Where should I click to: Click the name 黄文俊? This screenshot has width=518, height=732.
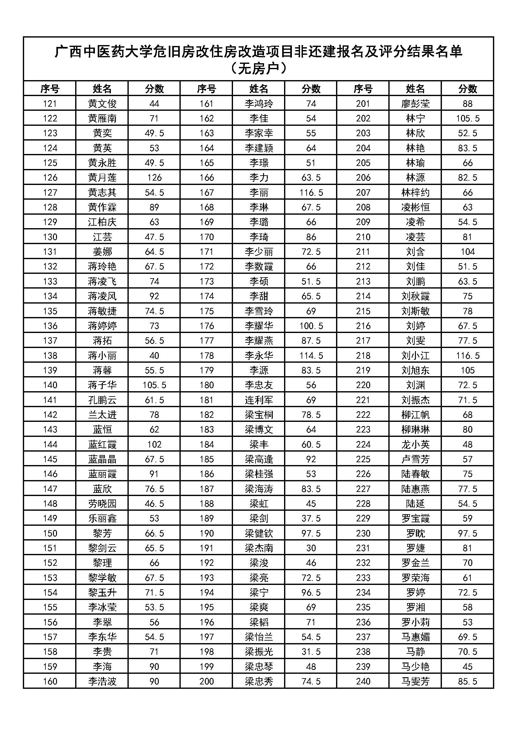click(102, 104)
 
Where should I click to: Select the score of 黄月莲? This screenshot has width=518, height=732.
click(154, 177)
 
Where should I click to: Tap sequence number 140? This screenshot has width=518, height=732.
click(50, 385)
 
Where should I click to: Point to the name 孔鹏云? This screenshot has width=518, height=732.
click(102, 400)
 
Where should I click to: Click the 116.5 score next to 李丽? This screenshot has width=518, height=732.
click(311, 192)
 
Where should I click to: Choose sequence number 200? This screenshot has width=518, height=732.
click(206, 681)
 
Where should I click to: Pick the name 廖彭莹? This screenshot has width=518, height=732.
click(415, 104)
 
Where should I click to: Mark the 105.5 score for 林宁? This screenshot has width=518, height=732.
click(468, 119)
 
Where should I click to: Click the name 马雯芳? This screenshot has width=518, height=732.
click(415, 681)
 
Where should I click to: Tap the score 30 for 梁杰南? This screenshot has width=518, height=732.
click(311, 548)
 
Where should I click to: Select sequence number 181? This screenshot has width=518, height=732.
click(206, 400)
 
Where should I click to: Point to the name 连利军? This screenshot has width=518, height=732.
click(259, 400)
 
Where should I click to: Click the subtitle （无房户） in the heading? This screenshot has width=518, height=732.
click(259, 68)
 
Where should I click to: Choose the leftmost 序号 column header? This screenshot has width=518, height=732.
click(50, 89)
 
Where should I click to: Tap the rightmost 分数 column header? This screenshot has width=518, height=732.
click(468, 89)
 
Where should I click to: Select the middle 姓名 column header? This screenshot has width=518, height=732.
click(259, 89)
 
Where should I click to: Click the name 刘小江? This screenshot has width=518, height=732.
click(415, 356)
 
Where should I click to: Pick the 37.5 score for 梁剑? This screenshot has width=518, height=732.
click(311, 518)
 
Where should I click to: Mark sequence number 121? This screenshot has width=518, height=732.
click(50, 104)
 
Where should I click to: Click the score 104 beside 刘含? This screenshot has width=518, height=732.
click(468, 252)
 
